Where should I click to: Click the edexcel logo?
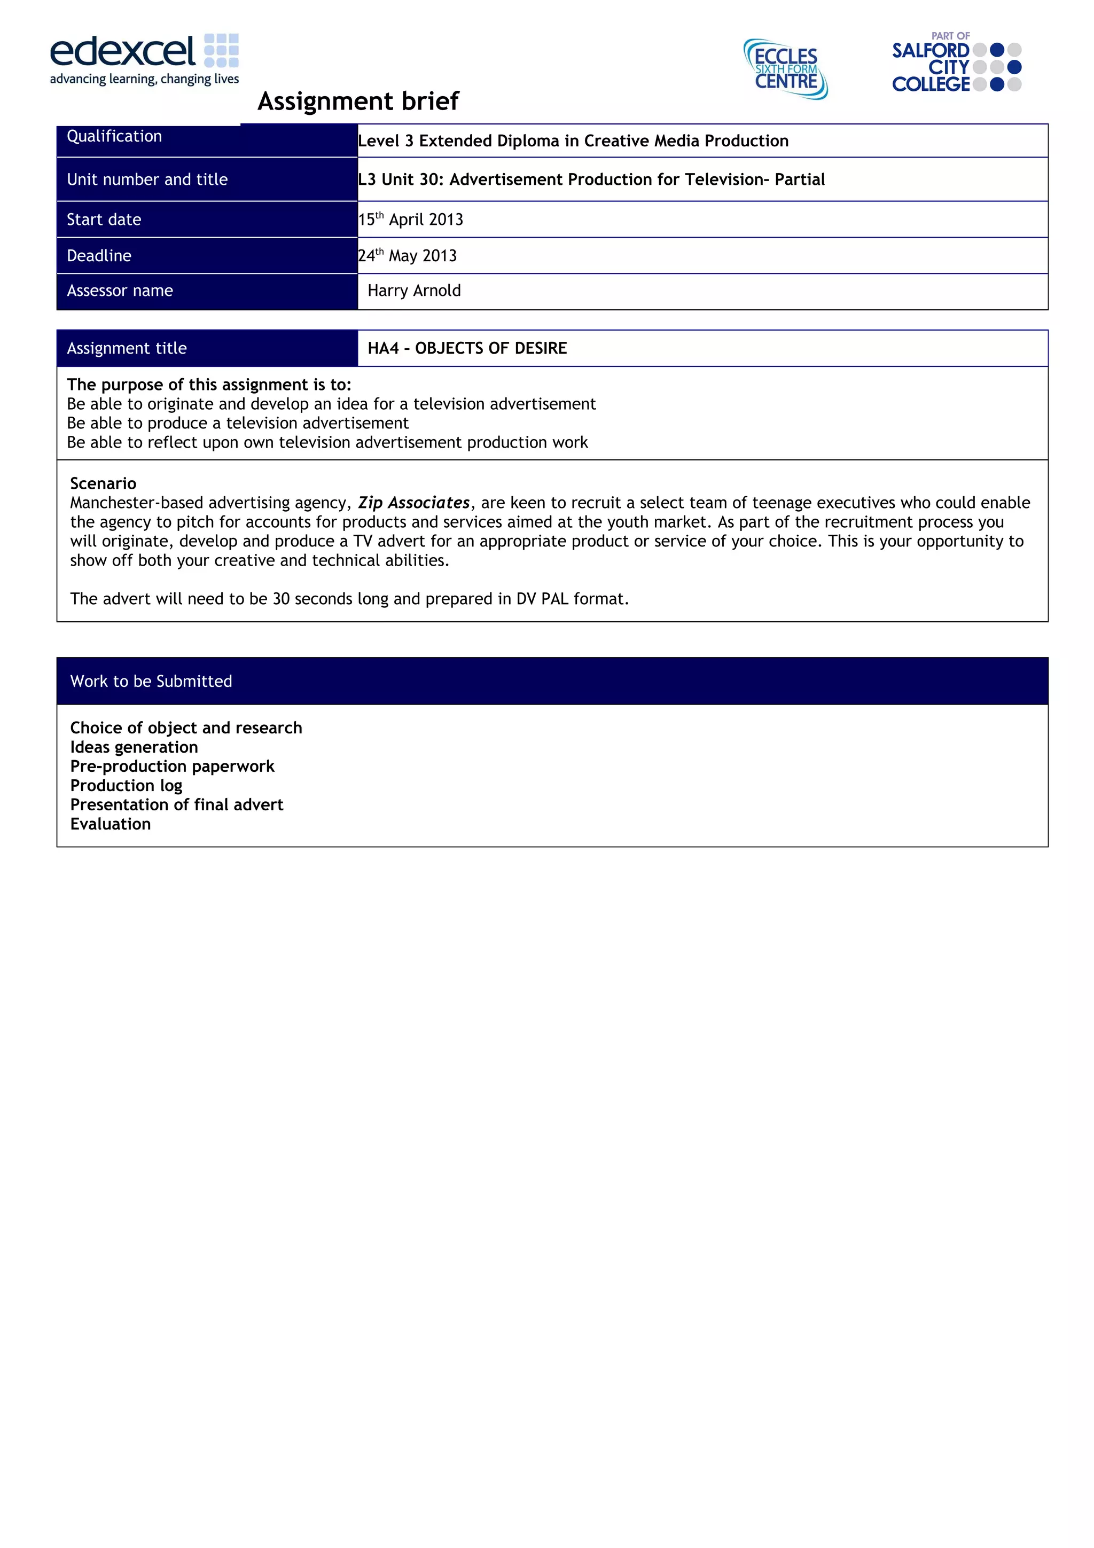tap(144, 59)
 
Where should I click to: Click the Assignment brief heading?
tap(358, 101)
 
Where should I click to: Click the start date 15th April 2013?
tap(410, 220)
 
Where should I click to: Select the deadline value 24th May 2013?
tap(407, 256)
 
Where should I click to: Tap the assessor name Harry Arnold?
tap(414, 291)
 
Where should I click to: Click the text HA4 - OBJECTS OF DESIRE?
tap(467, 349)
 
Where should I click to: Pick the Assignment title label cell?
tap(127, 349)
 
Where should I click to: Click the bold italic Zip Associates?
tap(413, 503)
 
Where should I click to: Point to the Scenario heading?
tap(103, 483)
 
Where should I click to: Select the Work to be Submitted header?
tap(151, 682)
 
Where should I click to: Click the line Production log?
tap(126, 786)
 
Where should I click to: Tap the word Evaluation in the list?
tap(111, 825)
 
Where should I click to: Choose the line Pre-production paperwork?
tap(172, 767)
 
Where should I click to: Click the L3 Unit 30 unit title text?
tap(591, 179)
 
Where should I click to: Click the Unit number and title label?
tap(147, 179)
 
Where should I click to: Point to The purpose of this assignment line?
tap(209, 385)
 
